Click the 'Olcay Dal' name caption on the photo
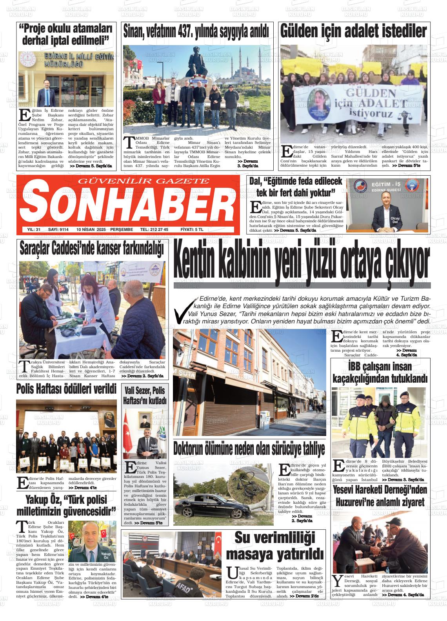pos(394,220)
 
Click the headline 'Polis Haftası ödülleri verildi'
pos(66,389)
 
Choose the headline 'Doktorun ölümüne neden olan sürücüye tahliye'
pos(249,448)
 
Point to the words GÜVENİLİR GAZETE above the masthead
pos(144,181)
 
